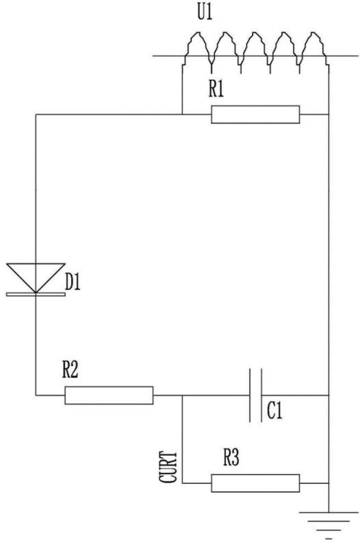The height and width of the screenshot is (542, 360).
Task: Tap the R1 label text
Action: point(216,89)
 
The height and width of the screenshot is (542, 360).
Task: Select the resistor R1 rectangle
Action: point(255,114)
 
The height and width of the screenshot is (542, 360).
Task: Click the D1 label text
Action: point(73,282)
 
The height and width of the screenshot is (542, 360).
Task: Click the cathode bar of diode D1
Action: point(36,294)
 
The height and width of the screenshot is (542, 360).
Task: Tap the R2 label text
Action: point(70,370)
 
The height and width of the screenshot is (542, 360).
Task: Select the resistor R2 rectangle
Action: point(109,395)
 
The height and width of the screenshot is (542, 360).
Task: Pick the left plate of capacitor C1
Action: point(250,395)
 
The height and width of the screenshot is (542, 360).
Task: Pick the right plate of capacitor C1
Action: point(261,395)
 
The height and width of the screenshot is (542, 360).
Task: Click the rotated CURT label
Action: point(168,467)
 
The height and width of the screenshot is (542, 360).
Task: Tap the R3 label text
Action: point(231,458)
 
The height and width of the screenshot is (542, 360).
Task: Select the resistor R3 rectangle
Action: point(255,483)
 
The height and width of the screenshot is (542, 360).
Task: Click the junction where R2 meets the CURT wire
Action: point(182,395)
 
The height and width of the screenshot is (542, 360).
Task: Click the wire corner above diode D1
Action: point(36,114)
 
